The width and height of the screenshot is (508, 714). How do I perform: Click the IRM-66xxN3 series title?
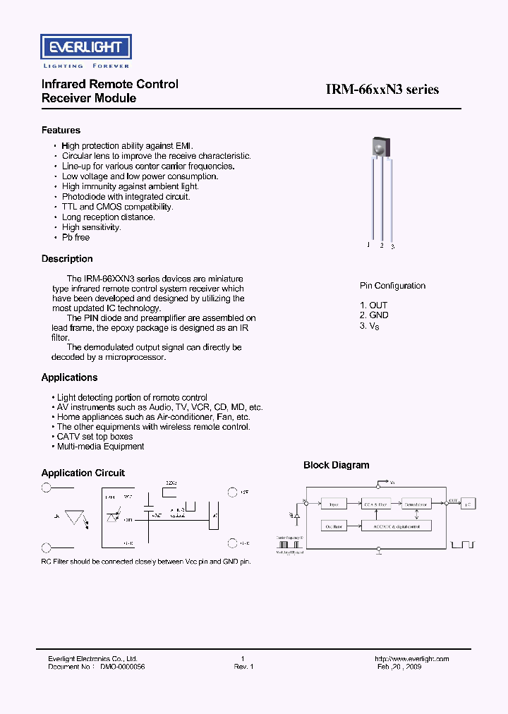(x=382, y=90)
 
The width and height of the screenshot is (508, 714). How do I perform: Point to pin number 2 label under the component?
(x=382, y=246)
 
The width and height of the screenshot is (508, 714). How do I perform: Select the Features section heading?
(x=61, y=131)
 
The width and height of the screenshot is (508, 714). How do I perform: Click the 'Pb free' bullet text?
(x=75, y=238)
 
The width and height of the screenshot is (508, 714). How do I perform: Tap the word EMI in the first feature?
(x=185, y=146)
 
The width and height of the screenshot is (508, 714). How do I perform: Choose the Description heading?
(x=67, y=259)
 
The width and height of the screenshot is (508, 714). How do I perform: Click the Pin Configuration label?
(x=392, y=286)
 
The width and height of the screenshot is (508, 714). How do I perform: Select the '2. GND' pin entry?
(x=374, y=315)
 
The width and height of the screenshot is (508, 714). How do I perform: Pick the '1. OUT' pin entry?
(x=373, y=305)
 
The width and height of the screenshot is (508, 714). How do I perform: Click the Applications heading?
(x=69, y=377)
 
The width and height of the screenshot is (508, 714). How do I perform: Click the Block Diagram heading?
(x=336, y=466)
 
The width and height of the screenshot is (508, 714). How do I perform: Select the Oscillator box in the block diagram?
(x=334, y=526)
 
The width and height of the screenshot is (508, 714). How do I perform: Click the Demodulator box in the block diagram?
(x=416, y=504)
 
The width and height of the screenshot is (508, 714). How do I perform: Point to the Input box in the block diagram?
(x=334, y=504)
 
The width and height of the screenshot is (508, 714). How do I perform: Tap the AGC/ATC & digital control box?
(x=394, y=526)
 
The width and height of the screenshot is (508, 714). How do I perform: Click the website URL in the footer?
(x=413, y=659)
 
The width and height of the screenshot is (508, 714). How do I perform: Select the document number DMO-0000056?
(x=122, y=667)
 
